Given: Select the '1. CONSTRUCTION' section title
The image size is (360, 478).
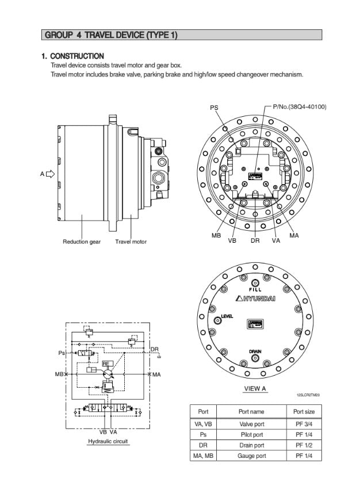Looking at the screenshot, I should click(x=72, y=56).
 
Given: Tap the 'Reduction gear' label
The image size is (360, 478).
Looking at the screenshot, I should click(x=82, y=242).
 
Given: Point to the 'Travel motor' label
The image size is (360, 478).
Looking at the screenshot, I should click(x=131, y=242).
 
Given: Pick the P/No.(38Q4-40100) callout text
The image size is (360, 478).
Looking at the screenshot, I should click(x=300, y=106).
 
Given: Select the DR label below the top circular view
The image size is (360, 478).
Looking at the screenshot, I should click(x=255, y=241).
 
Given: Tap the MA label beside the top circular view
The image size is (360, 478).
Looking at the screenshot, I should click(x=294, y=235).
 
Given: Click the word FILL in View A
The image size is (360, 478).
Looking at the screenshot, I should click(x=255, y=289).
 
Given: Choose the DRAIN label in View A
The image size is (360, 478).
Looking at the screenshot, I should click(x=255, y=351).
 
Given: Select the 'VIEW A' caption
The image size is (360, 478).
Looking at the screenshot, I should click(x=255, y=388).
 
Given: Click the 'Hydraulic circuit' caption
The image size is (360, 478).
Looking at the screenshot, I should click(x=108, y=442).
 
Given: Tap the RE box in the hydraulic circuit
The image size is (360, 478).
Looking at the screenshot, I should click(x=106, y=364).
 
